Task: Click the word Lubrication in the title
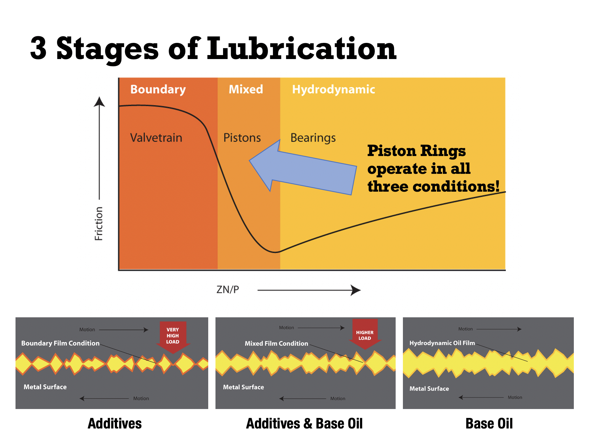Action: (x=302, y=49)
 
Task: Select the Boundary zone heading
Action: (x=158, y=90)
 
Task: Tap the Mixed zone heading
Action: (x=246, y=89)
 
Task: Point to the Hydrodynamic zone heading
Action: (x=333, y=90)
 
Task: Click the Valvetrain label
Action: (x=156, y=138)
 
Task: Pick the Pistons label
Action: (x=242, y=138)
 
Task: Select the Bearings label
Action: (x=313, y=138)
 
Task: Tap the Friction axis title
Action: (x=99, y=224)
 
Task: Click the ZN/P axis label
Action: (x=228, y=290)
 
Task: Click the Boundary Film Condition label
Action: (x=60, y=343)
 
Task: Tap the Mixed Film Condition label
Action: (x=277, y=343)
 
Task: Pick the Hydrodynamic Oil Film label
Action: (x=442, y=343)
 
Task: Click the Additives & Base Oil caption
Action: (x=304, y=424)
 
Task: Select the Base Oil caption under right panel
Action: (x=489, y=424)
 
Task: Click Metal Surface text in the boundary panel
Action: (x=45, y=387)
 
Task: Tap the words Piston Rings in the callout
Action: (x=416, y=151)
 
